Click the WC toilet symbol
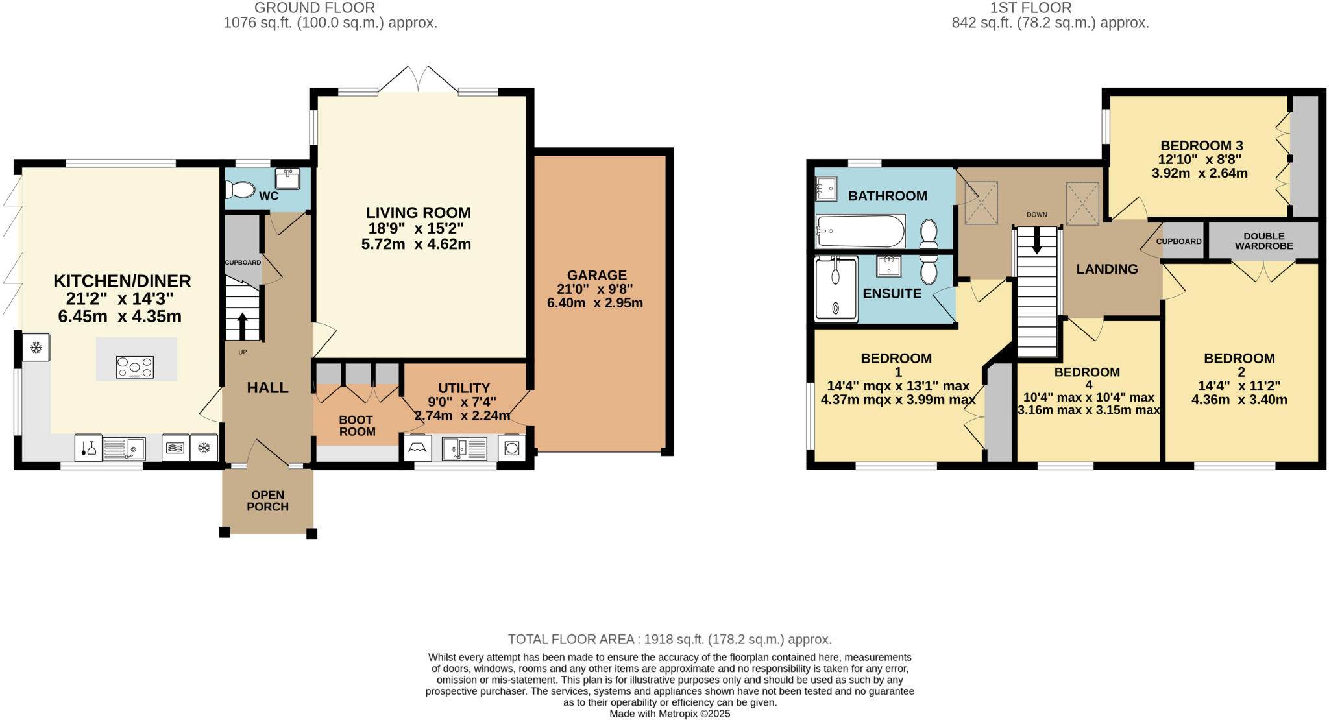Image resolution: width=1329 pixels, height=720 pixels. click(241, 189)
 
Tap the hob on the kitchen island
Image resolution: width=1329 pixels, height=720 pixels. click(134, 367)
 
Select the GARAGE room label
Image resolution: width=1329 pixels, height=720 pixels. click(596, 275)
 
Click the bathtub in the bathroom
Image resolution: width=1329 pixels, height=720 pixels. click(860, 231)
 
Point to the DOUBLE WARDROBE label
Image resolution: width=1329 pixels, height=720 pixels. click(1263, 241)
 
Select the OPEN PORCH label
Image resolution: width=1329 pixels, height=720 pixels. click(267, 501)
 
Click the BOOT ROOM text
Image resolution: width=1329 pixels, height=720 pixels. click(357, 426)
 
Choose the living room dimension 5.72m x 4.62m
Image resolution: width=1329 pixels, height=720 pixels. click(416, 245)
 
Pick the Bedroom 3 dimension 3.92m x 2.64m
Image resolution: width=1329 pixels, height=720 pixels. click(1199, 173)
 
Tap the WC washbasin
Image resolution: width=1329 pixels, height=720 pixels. click(287, 178)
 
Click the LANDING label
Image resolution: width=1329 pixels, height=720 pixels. click(1106, 269)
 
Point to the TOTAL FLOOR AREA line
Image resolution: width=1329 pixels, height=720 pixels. click(669, 640)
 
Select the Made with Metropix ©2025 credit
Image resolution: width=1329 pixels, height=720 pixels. click(669, 714)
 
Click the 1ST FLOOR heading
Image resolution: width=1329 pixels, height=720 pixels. click(1030, 8)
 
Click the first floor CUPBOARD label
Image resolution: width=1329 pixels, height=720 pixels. click(1178, 241)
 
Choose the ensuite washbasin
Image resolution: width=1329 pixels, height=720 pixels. click(888, 266)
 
